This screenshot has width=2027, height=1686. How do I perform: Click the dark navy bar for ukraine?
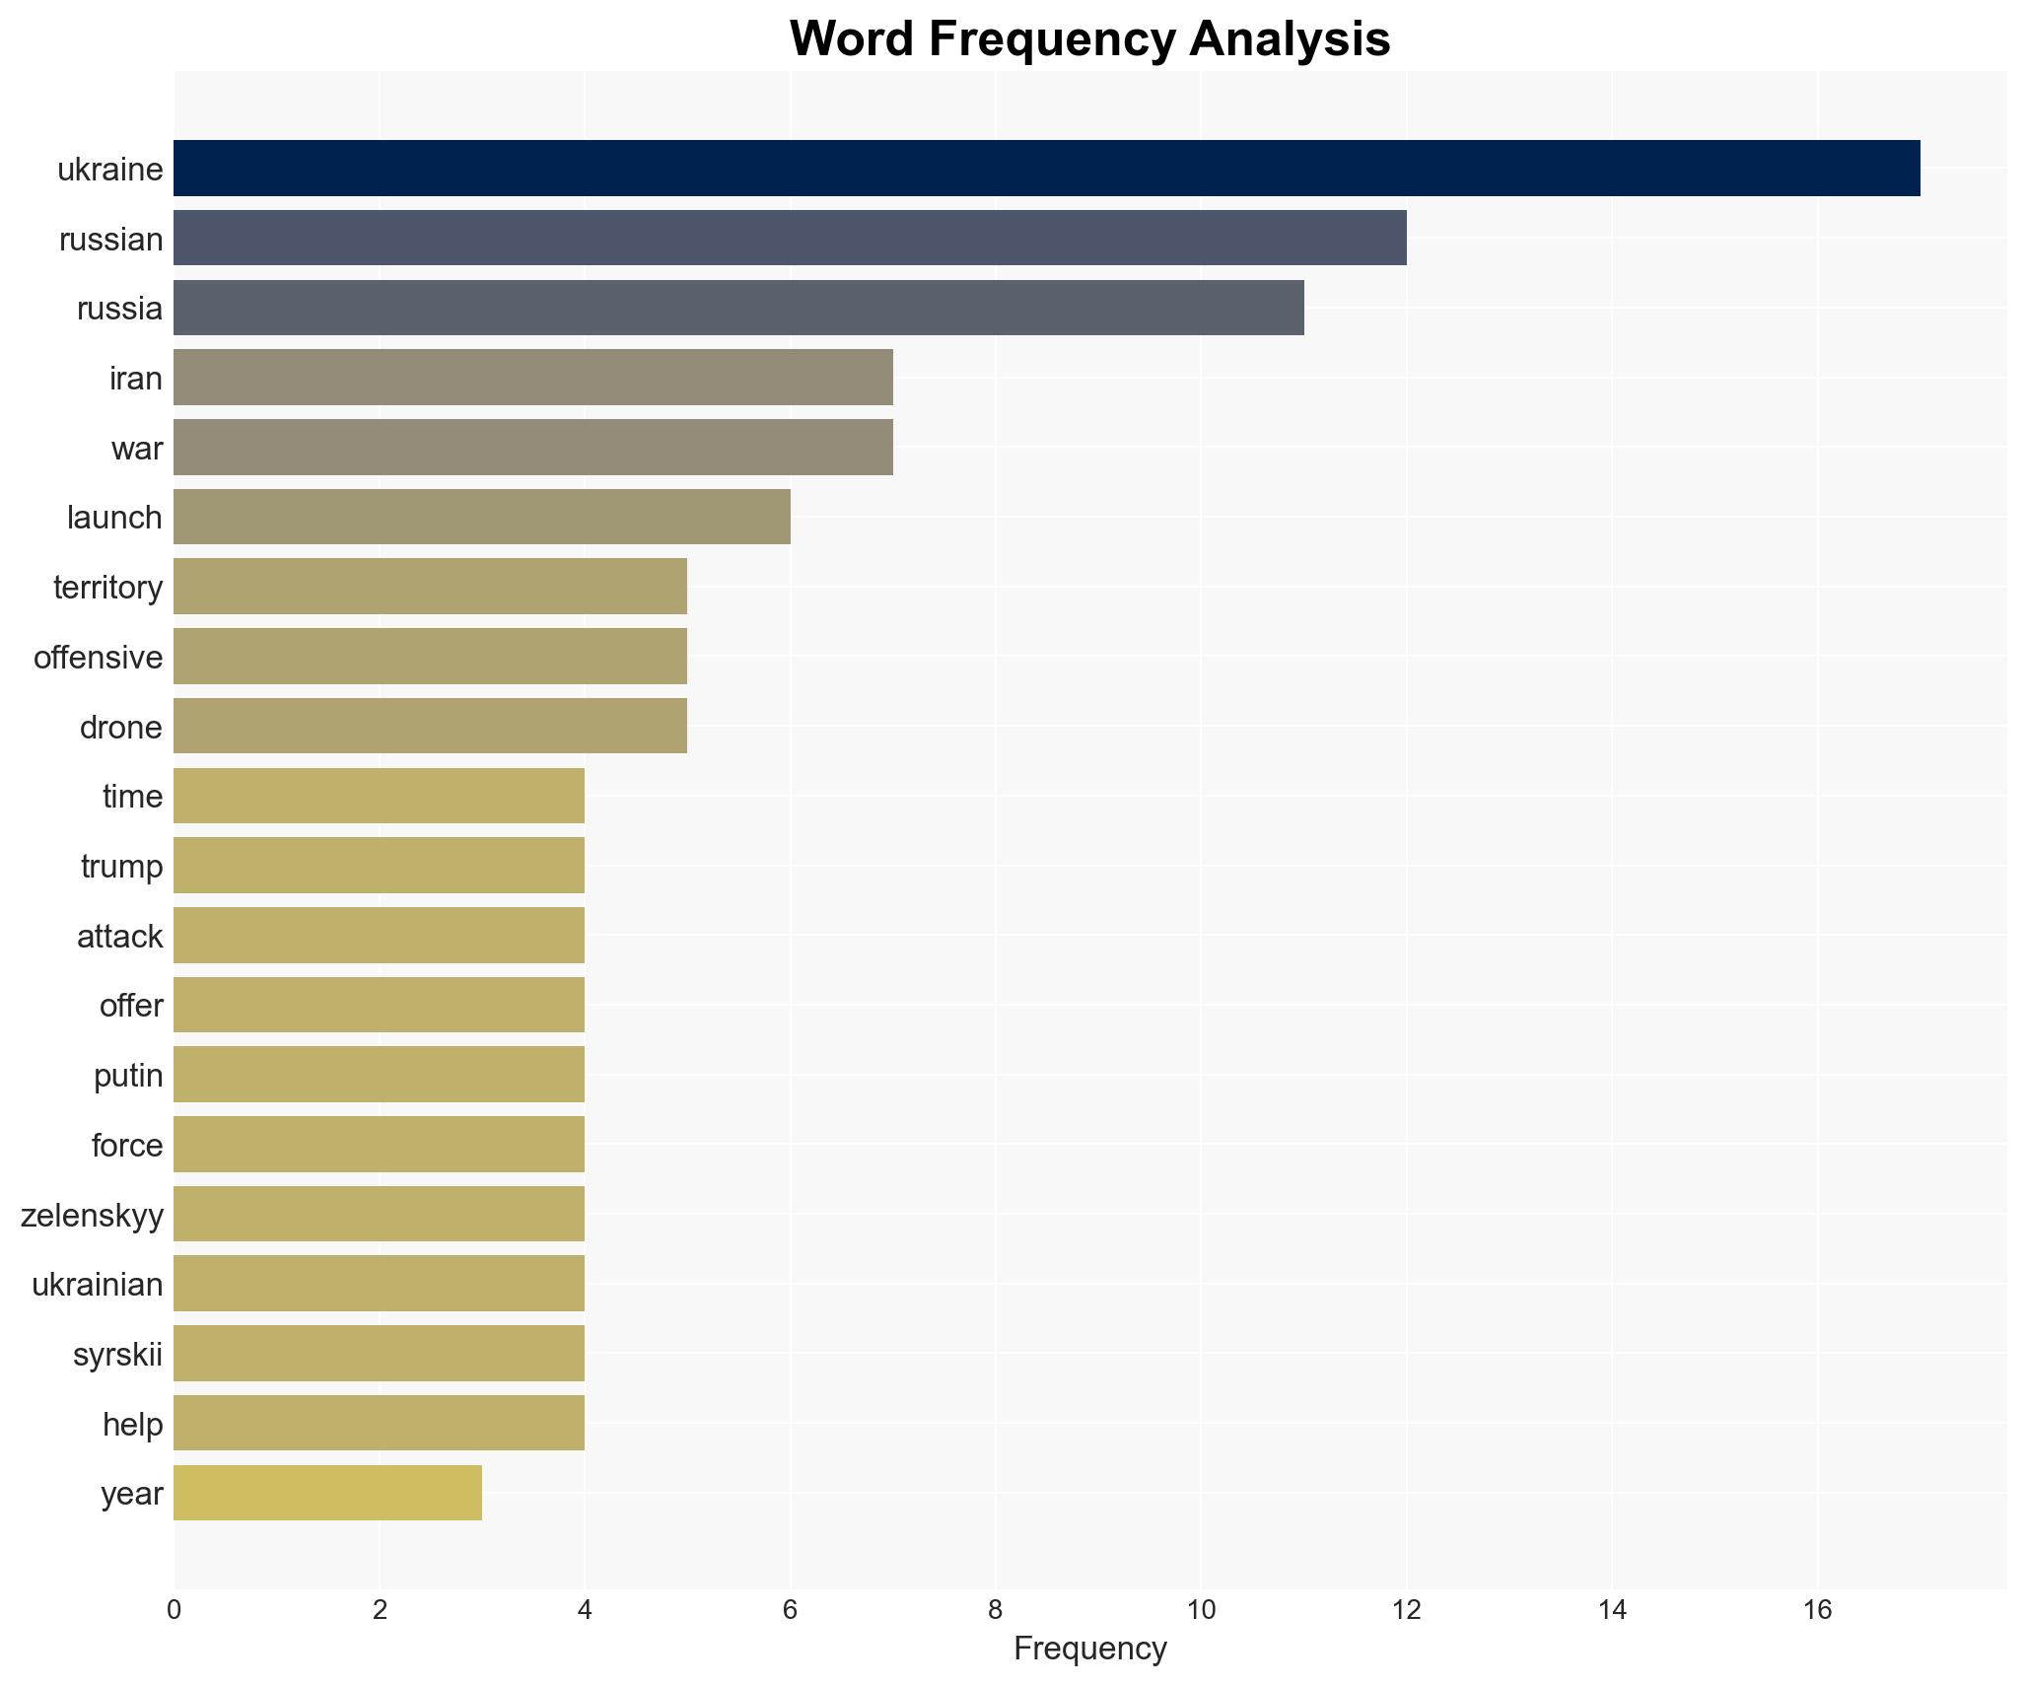click(x=1045, y=169)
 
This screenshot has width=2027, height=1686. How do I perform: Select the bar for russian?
click(x=789, y=238)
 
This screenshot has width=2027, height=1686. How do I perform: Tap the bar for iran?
click(x=532, y=377)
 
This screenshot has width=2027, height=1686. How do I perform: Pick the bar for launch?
click(x=481, y=517)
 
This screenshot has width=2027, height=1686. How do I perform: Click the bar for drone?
click(x=430, y=726)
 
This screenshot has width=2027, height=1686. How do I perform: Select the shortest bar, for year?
click(x=327, y=1493)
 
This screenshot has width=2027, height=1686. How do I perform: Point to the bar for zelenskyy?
click(x=379, y=1214)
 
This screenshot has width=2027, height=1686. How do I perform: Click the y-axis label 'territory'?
click(x=107, y=588)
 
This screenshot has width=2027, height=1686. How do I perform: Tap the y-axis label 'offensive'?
click(x=98, y=658)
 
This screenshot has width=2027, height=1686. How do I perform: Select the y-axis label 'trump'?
click(x=121, y=867)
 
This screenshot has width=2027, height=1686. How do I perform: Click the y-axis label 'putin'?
click(x=128, y=1076)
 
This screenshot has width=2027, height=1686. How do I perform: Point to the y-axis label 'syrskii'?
click(x=117, y=1355)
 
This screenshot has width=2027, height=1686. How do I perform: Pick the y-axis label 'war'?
click(x=136, y=449)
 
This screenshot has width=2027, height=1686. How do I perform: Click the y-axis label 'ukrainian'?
click(x=97, y=1285)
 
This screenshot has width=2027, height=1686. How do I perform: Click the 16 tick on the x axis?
click(x=1817, y=1610)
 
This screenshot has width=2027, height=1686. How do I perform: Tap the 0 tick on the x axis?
click(x=175, y=1610)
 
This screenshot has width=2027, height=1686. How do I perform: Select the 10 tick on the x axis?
click(x=1201, y=1610)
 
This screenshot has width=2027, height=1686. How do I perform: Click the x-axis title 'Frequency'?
click(x=1089, y=1649)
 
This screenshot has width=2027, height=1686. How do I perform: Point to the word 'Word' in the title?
click(x=852, y=39)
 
